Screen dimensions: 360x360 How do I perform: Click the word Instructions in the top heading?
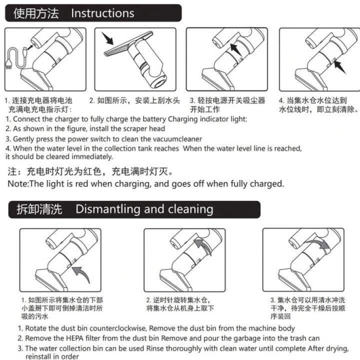[102, 12]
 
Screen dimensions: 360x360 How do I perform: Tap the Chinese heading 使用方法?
[37, 12]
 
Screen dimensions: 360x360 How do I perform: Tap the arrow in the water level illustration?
[337, 65]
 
